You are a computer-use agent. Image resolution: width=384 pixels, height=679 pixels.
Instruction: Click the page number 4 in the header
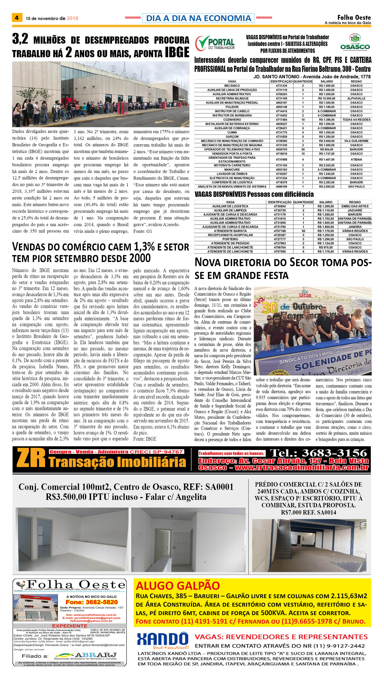[17, 18]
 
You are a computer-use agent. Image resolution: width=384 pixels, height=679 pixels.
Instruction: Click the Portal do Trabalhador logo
[215, 43]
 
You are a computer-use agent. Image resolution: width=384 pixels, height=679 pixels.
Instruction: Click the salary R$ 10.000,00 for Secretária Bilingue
[327, 99]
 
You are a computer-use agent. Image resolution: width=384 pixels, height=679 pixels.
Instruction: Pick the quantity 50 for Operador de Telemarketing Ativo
[303, 149]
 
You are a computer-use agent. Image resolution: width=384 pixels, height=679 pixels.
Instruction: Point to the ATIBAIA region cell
[356, 159]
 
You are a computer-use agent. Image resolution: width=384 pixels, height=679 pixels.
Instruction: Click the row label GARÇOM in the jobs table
[232, 137]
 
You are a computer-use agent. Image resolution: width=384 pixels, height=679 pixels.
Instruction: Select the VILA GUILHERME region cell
[356, 141]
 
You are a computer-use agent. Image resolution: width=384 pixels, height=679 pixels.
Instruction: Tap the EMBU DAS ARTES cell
[355, 206]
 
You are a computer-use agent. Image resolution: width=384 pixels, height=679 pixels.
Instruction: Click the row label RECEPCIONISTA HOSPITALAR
[230, 235]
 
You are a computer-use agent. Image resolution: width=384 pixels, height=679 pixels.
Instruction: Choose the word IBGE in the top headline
[177, 52]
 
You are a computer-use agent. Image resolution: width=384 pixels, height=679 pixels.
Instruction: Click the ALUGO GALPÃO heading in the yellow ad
[178, 586]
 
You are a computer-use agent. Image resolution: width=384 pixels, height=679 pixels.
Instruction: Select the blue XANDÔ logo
[163, 639]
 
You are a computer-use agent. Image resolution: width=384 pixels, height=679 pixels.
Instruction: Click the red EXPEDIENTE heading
[70, 626]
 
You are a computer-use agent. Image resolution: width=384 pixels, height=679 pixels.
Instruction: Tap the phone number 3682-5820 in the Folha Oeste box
[92, 602]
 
